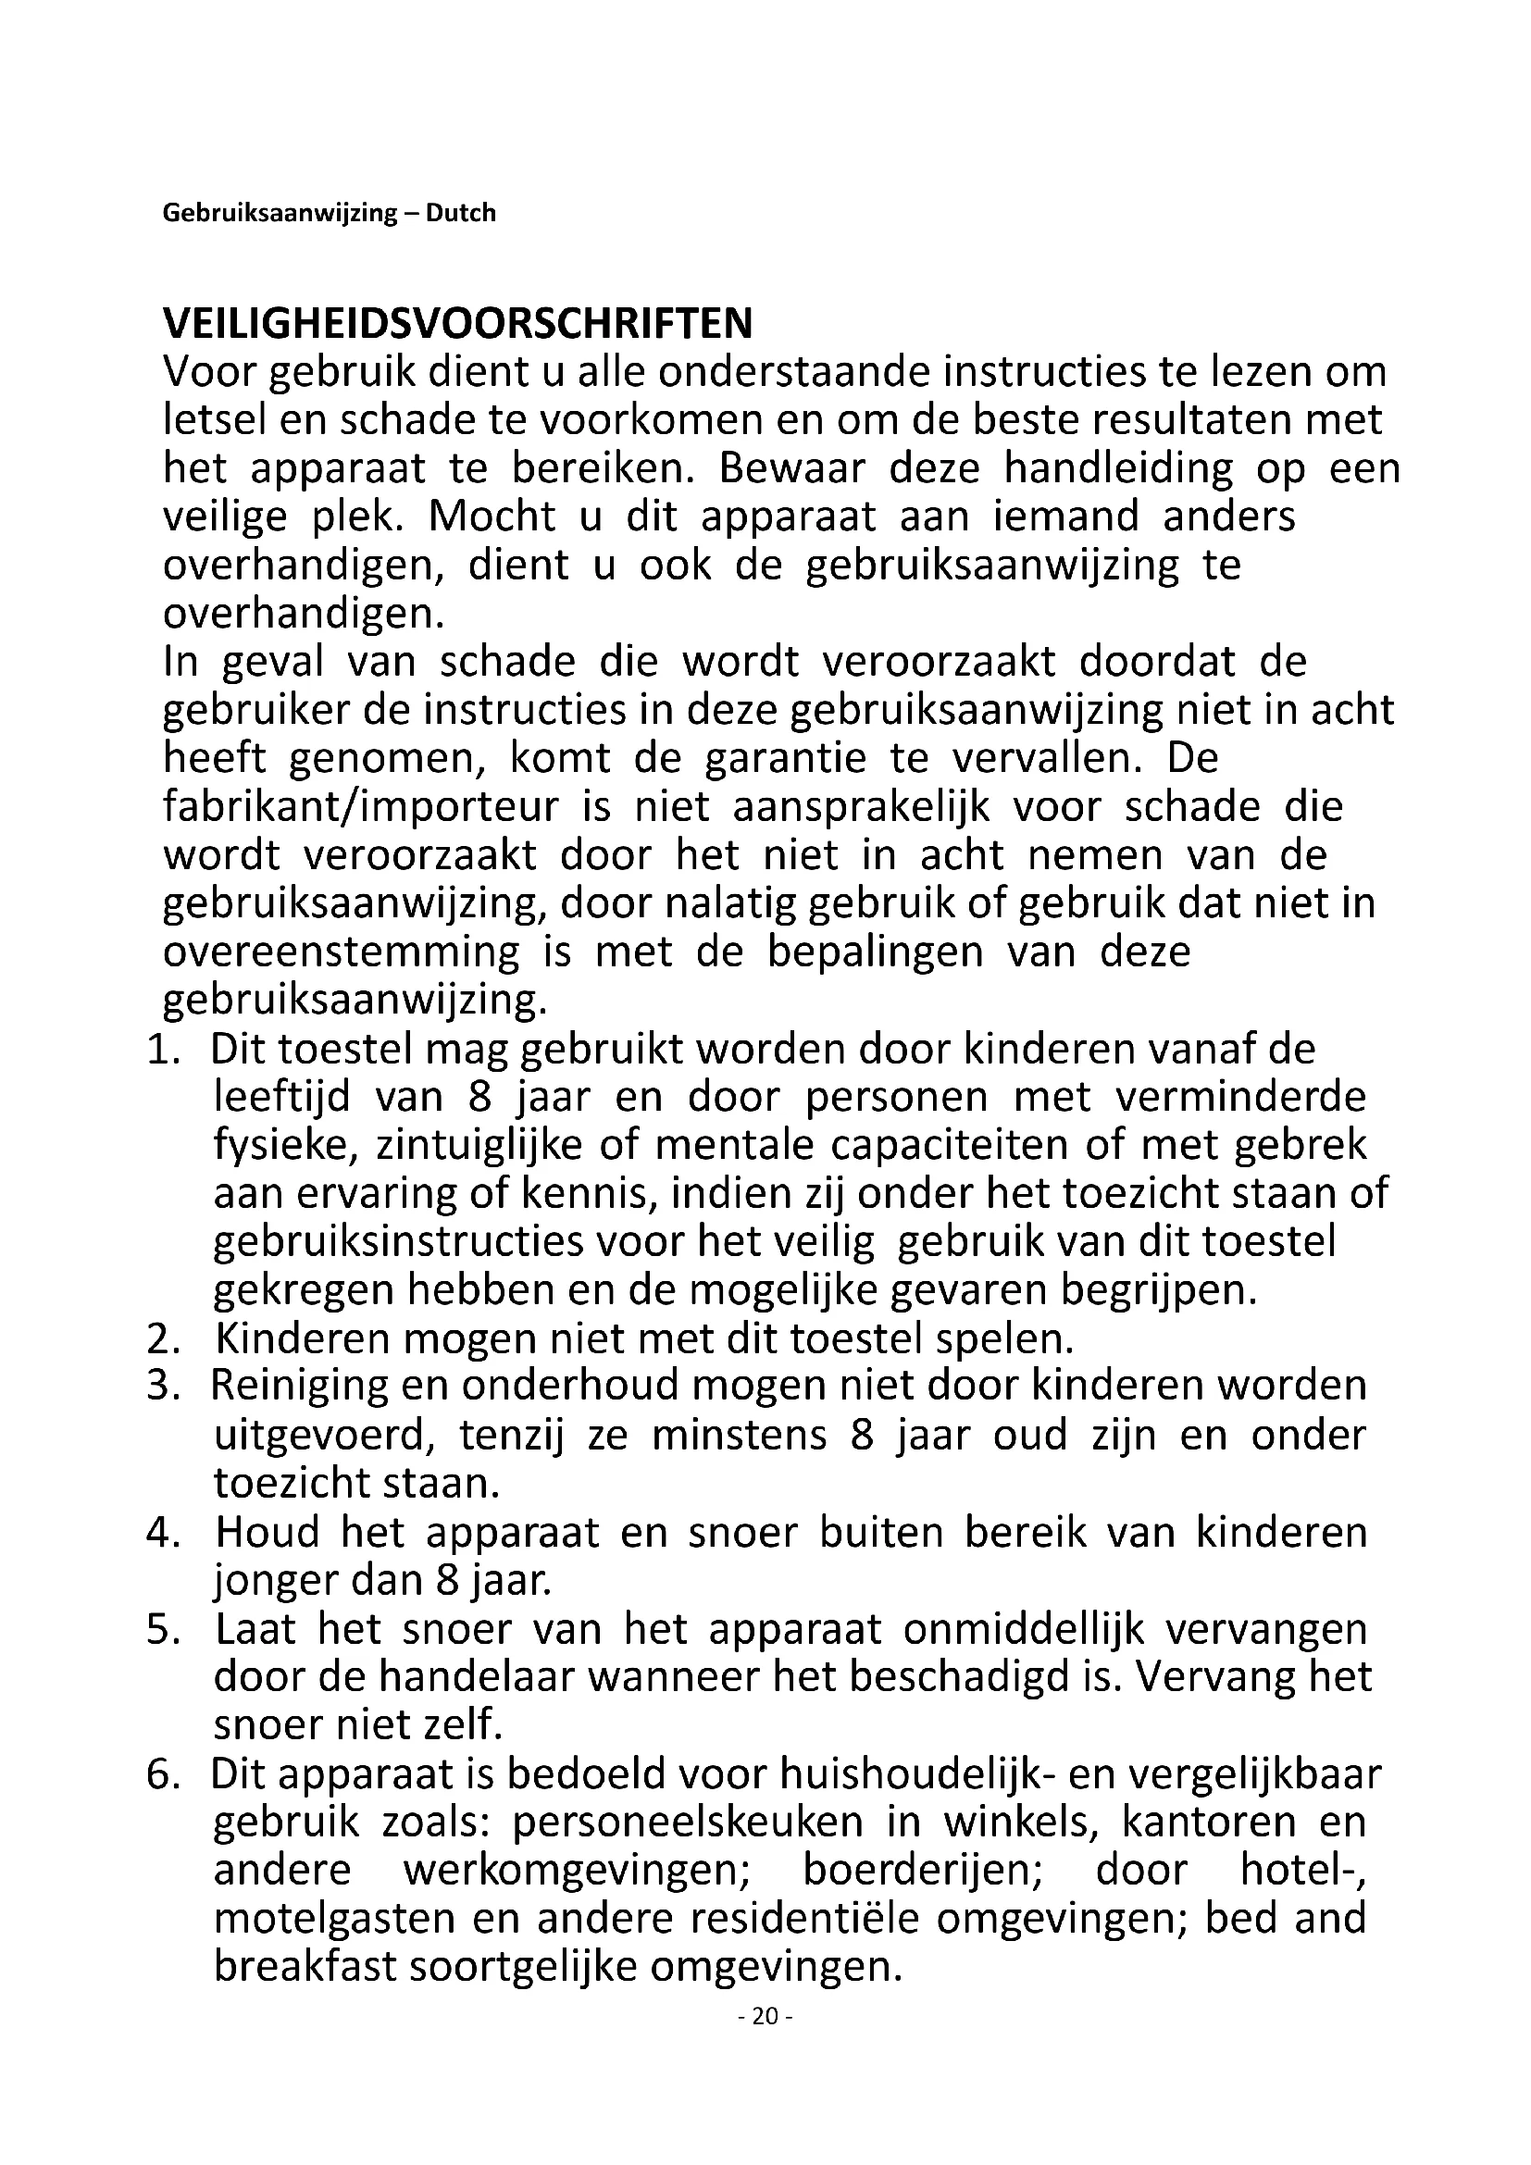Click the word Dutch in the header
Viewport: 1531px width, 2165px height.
(x=460, y=213)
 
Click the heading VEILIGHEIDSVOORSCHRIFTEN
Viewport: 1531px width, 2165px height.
(x=458, y=324)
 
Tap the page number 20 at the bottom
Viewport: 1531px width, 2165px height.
(x=765, y=2017)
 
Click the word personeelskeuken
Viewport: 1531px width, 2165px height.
(x=687, y=1823)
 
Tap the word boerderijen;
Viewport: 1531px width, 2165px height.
(x=923, y=1871)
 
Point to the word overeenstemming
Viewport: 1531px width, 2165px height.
(x=342, y=952)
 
